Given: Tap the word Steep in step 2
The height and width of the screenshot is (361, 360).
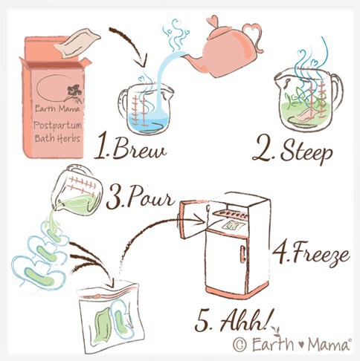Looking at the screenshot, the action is (306, 151).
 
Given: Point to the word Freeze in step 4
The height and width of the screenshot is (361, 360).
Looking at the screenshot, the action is (321, 254).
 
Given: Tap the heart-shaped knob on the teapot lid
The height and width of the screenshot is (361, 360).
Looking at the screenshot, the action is (213, 21).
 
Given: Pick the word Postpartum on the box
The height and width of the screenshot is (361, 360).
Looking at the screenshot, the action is (57, 126).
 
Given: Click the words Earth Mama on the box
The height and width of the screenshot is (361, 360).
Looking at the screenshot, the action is (57, 108).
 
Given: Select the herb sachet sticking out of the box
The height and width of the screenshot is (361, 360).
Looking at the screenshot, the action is (77, 42).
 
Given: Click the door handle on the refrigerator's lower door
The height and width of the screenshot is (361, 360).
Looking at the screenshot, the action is (242, 255).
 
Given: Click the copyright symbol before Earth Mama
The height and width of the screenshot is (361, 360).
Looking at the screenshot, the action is (240, 345).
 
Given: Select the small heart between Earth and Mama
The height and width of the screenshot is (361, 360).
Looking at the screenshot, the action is (300, 345).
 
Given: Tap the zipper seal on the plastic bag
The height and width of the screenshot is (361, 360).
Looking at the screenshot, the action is (108, 292).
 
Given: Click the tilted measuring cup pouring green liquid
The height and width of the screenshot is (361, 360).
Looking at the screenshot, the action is (76, 191).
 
